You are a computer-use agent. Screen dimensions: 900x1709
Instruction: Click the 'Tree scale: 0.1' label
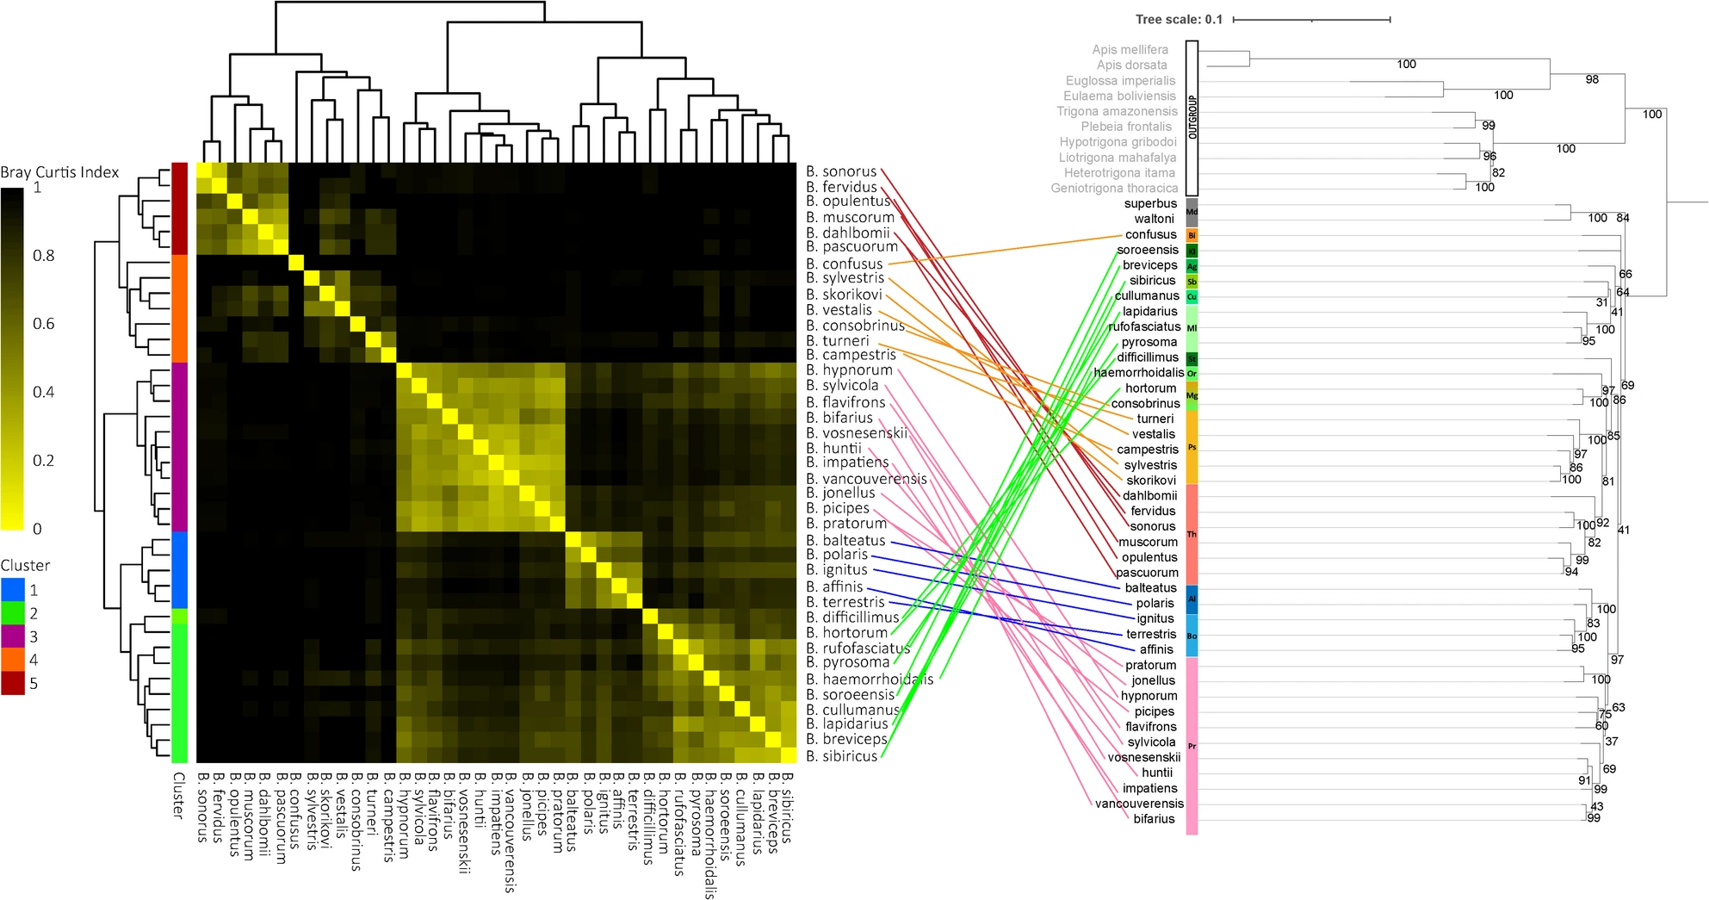click(x=1179, y=19)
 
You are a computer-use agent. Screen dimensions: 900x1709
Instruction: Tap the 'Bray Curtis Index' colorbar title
click(x=59, y=172)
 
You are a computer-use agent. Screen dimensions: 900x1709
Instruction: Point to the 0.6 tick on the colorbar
click(x=43, y=324)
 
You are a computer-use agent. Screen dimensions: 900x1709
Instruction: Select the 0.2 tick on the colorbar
click(x=43, y=460)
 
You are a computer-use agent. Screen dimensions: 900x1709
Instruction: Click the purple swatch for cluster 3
click(x=13, y=636)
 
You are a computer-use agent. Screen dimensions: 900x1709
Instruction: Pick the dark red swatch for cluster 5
click(x=13, y=683)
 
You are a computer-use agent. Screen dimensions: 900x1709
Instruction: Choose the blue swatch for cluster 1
click(x=13, y=590)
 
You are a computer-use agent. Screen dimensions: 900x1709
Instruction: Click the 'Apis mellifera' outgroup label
click(x=1130, y=50)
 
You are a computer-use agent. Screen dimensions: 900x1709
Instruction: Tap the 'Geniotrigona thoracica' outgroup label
click(x=1113, y=188)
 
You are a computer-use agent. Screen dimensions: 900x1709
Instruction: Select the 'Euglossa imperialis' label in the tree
click(x=1120, y=81)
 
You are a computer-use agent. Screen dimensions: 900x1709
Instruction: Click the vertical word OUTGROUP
click(x=1192, y=117)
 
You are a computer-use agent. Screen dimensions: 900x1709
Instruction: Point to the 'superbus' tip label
click(x=1150, y=203)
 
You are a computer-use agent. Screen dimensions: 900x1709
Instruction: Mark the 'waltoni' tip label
click(x=1154, y=219)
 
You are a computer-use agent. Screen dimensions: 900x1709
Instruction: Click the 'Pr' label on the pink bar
click(x=1192, y=746)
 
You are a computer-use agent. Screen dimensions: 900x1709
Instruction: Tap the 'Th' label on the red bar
click(x=1192, y=534)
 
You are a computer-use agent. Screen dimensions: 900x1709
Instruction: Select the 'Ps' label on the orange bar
click(x=1192, y=447)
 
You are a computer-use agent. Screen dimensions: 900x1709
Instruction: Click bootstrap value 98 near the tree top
click(x=1592, y=79)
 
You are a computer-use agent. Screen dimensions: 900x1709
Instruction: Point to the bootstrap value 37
click(x=1611, y=741)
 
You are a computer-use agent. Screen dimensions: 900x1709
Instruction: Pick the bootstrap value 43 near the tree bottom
click(x=1597, y=806)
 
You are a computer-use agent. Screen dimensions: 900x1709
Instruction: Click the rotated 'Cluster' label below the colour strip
click(x=178, y=794)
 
